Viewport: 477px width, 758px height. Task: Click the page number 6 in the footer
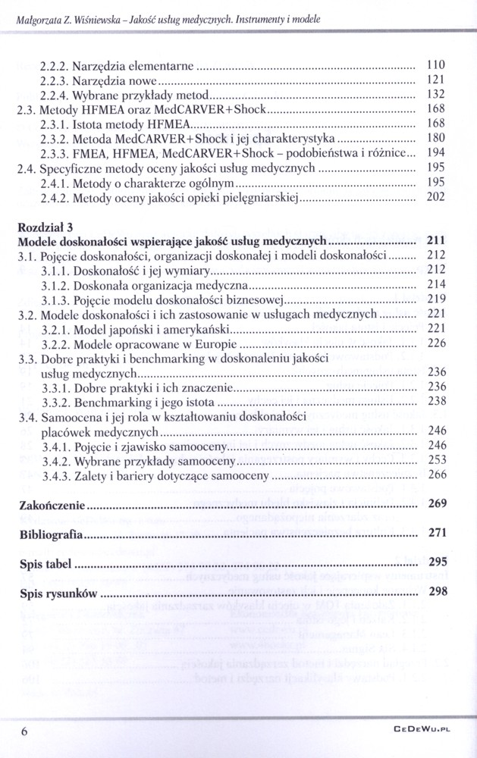25,731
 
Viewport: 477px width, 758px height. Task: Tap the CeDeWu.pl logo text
423,731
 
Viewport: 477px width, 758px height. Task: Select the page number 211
435,240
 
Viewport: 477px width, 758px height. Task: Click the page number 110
436,65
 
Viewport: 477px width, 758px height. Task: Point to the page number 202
436,197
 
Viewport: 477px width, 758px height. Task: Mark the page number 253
436,459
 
